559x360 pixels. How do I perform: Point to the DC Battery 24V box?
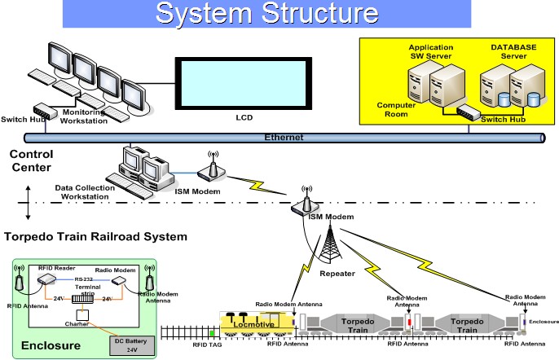(130, 345)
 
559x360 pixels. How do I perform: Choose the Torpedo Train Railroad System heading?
(95, 238)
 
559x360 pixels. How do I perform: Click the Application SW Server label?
(430, 52)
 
